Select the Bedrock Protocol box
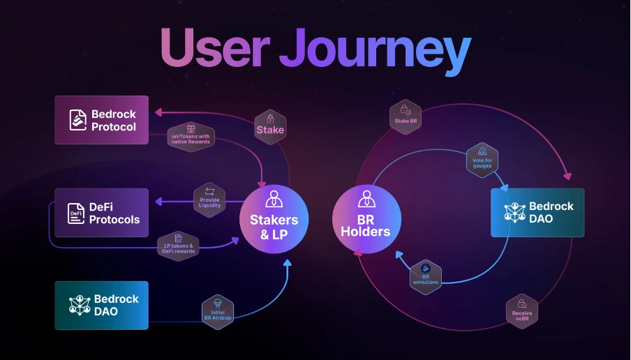[102, 120]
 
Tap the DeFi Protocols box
[102, 212]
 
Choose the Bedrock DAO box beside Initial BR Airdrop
[102, 305]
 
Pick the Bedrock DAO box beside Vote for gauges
[537, 212]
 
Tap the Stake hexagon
[269, 125]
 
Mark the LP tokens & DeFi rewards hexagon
[178, 245]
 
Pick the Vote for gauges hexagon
[482, 158]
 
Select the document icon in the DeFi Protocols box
[76, 213]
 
